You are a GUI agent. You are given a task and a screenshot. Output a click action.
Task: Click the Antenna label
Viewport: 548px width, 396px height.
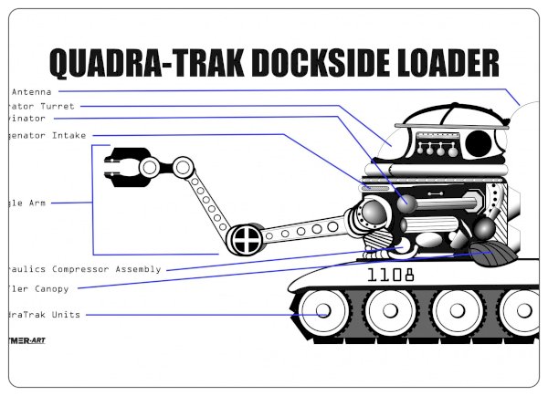tap(30, 91)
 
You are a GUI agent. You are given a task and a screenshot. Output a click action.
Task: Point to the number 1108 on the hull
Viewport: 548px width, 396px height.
tap(390, 274)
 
